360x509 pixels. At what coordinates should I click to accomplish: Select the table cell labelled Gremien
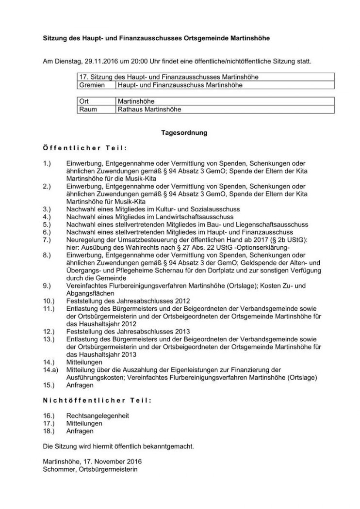(x=92, y=85)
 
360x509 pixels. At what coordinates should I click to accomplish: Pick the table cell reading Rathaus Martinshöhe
(x=148, y=110)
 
